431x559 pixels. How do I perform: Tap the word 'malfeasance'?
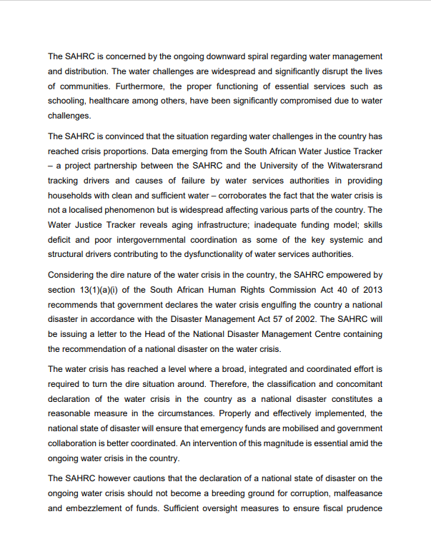pos(357,494)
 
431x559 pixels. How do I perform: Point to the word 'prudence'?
pos(364,509)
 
